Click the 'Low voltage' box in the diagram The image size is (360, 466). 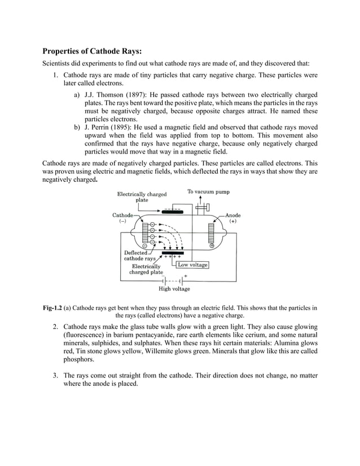click(192, 265)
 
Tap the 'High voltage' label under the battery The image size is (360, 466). click(174, 289)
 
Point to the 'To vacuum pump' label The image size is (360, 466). click(208, 192)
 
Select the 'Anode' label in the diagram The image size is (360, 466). click(232, 216)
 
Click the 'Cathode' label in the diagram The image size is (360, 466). click(122, 216)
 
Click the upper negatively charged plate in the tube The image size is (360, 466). click(175, 212)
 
